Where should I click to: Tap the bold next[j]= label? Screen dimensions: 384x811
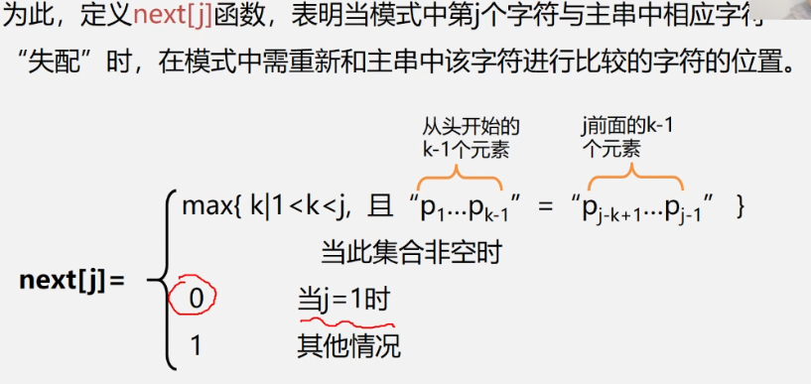click(x=72, y=280)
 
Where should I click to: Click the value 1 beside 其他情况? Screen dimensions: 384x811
click(x=195, y=345)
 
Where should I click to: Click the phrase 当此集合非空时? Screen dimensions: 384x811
click(x=410, y=252)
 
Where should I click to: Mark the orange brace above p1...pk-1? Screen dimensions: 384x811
click(x=460, y=176)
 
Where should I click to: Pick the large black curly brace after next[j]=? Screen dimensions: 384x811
click(x=159, y=280)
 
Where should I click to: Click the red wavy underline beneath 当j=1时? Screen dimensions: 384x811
click(x=345, y=320)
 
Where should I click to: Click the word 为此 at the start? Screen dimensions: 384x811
click(x=28, y=16)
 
